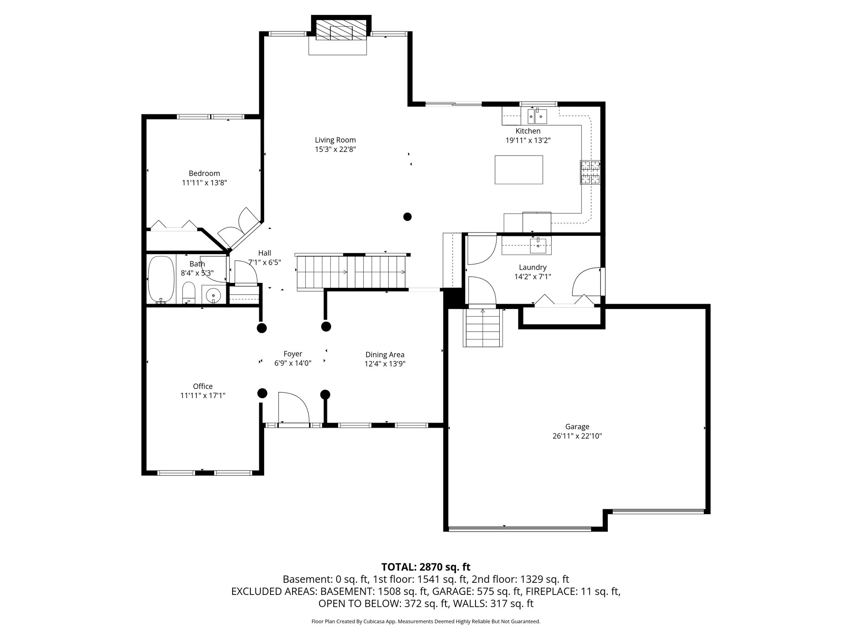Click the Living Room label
[335, 140]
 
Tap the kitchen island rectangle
[518, 169]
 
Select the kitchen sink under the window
[537, 116]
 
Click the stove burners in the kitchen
[590, 172]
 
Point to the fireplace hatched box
[341, 32]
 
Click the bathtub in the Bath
[161, 280]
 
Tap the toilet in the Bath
[189, 293]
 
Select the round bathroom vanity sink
[213, 295]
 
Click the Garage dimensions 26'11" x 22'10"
[577, 436]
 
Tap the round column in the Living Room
[407, 216]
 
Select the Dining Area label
[385, 355]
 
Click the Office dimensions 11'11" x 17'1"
[203, 396]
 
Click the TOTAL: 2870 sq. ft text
[426, 567]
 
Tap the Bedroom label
[204, 173]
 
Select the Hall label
[265, 253]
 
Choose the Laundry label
[532, 267]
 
